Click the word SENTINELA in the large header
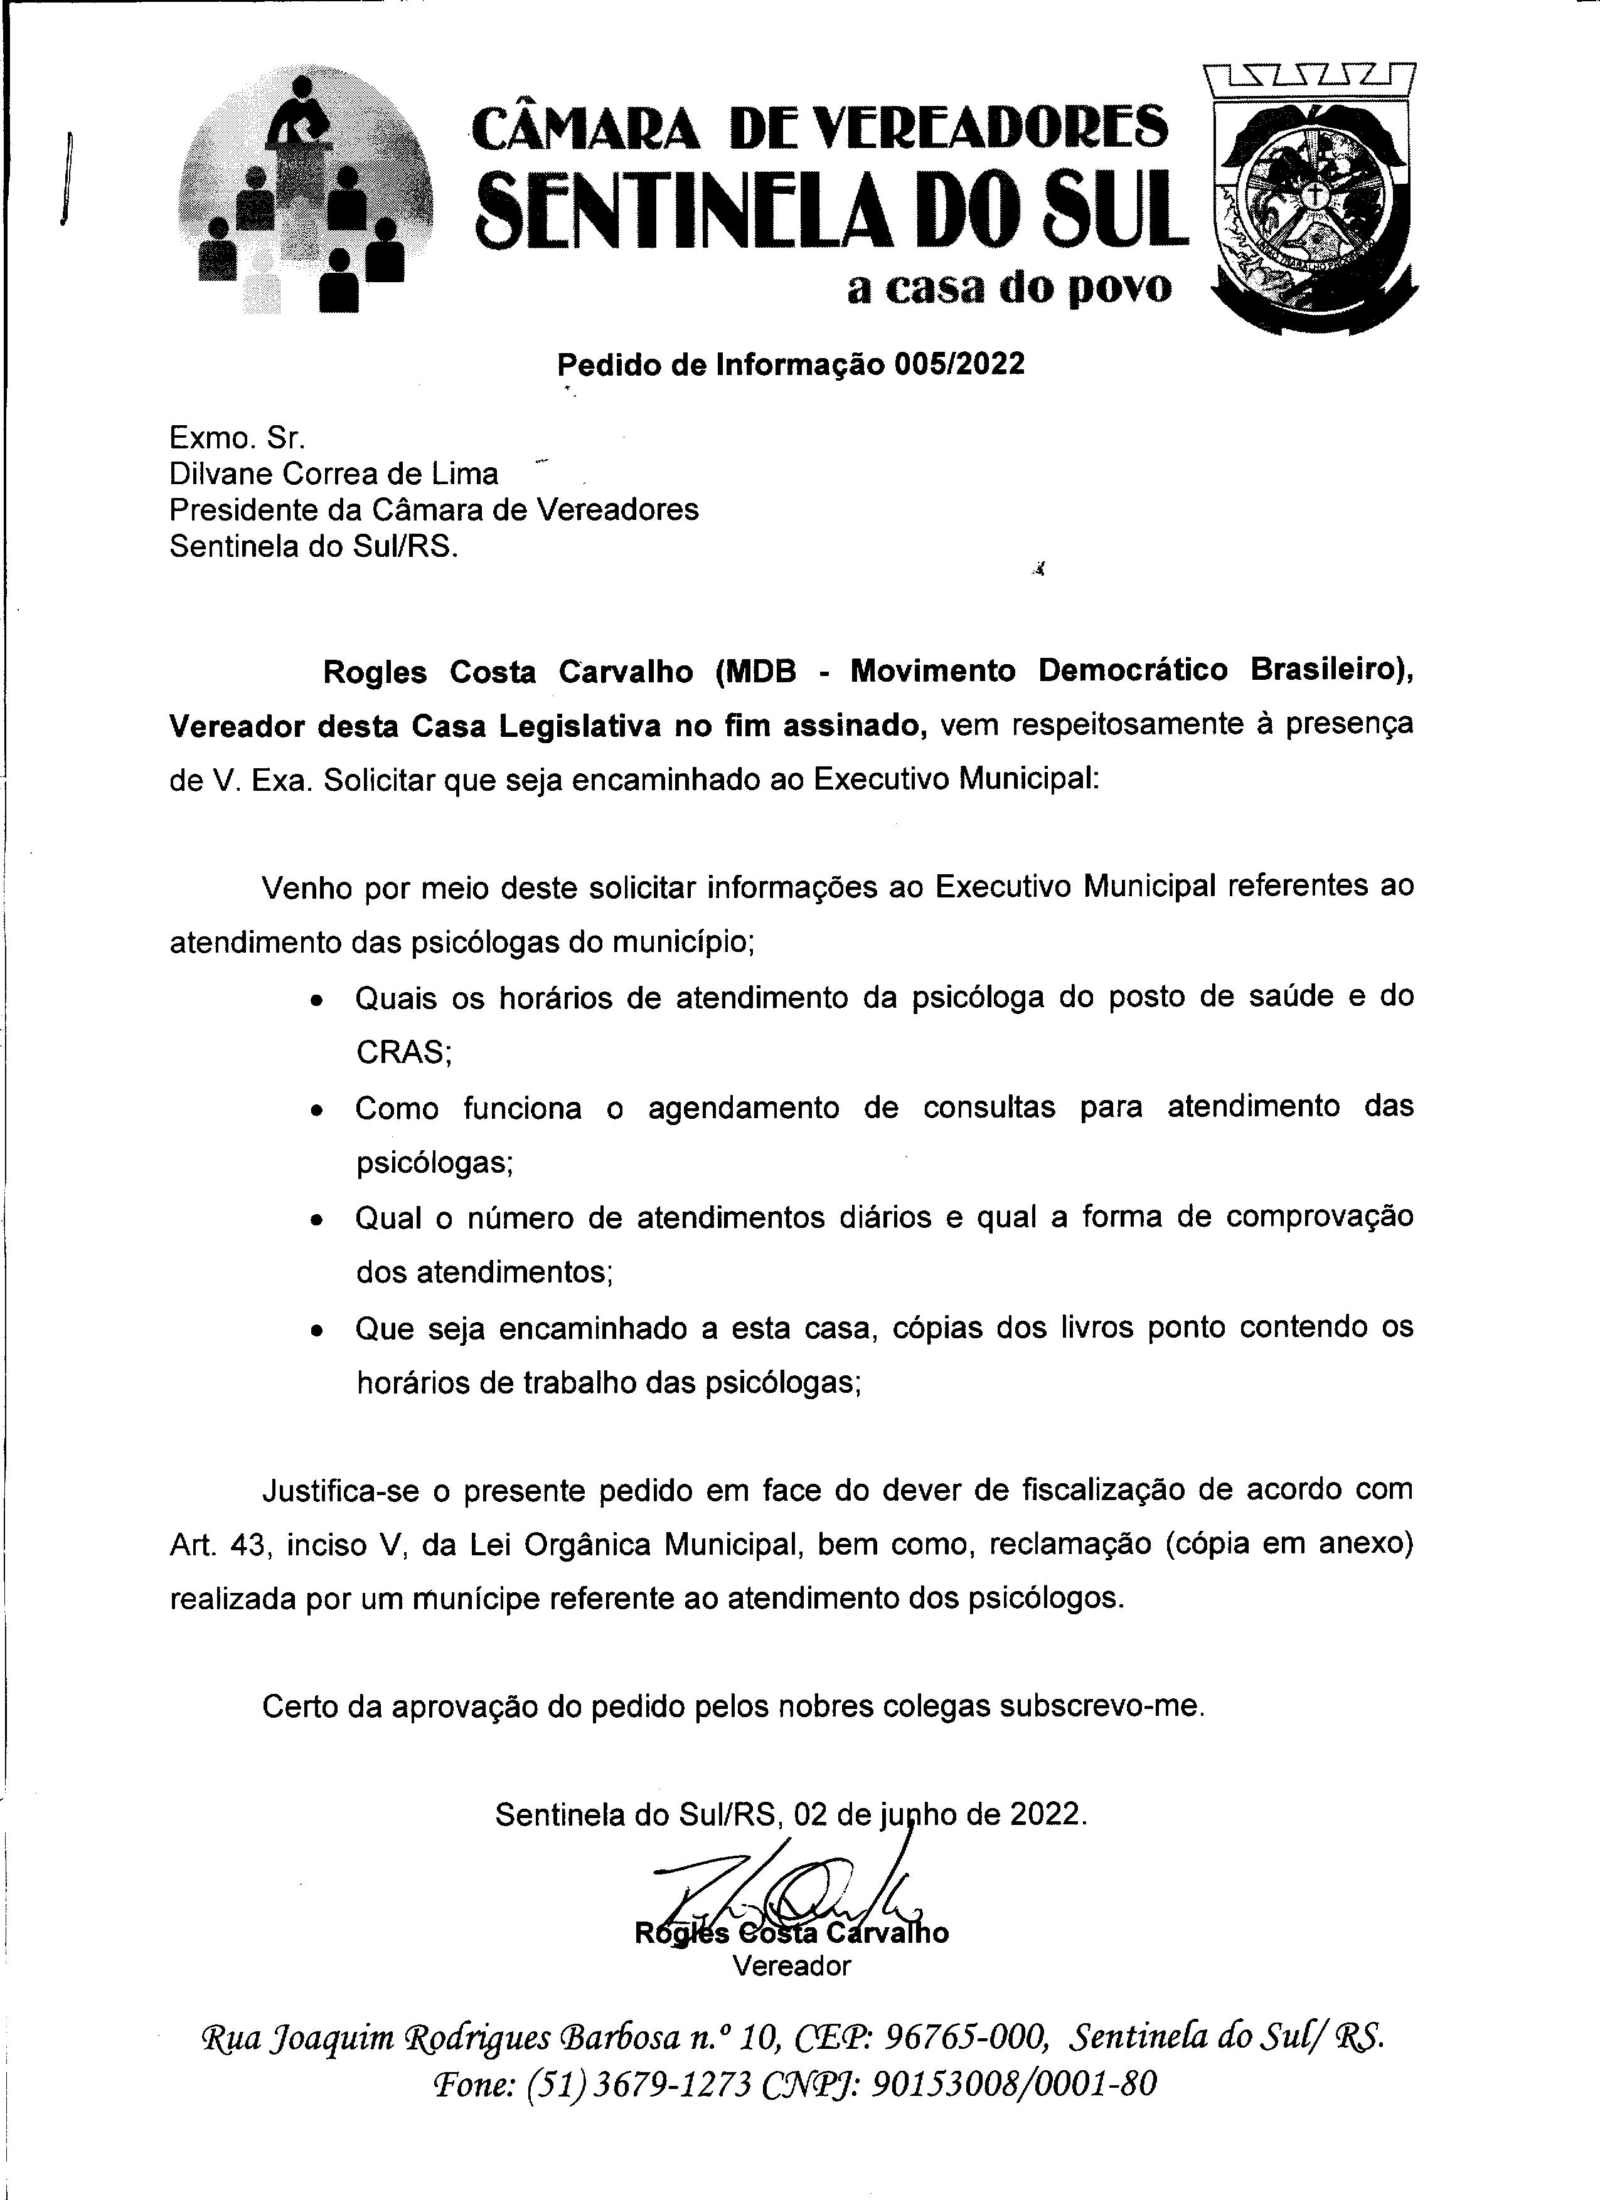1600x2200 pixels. click(694, 208)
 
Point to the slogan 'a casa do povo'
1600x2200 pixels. click(1008, 288)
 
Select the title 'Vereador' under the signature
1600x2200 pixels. click(792, 1966)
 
